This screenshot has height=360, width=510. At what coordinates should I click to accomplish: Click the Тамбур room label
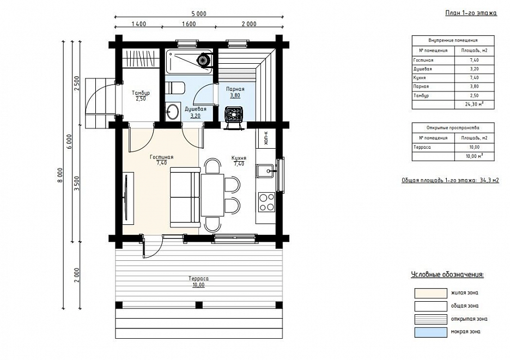141,93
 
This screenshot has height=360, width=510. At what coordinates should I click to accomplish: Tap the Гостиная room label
161,157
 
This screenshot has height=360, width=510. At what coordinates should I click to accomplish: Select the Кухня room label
239,158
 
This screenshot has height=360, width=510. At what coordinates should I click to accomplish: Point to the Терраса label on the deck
198,279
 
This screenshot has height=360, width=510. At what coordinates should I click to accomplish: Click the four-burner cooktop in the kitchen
266,202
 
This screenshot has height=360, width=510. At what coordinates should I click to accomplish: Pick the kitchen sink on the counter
266,171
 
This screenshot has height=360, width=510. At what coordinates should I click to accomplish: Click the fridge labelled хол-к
266,138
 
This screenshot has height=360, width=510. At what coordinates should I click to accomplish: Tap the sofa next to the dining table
185,197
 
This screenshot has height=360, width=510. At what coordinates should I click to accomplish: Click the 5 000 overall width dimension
199,14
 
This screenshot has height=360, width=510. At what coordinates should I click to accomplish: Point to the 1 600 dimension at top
189,24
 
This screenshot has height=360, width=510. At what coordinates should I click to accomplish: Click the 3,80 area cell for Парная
474,87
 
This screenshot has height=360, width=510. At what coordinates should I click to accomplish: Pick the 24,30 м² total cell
473,105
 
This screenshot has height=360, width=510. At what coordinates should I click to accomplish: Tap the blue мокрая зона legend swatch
430,332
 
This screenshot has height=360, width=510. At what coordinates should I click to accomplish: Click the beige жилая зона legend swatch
430,293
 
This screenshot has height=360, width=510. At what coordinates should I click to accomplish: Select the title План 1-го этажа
471,13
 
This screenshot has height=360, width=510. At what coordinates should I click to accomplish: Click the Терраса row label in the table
422,147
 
